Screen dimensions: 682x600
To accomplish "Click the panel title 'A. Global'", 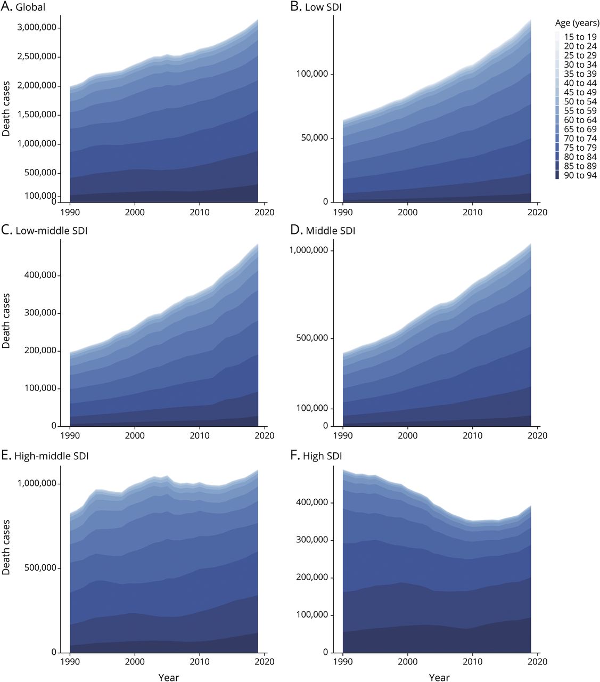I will click(x=23, y=7).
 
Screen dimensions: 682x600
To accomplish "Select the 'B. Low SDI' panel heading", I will click(x=316, y=7).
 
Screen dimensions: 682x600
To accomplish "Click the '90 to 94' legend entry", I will click(x=580, y=175).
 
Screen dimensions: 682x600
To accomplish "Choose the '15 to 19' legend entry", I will click(x=580, y=37).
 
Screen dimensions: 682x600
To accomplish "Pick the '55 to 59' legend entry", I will click(x=580, y=111).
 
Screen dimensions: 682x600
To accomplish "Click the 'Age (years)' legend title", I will click(x=577, y=23).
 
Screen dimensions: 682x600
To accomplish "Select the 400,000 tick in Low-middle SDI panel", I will click(x=40, y=275).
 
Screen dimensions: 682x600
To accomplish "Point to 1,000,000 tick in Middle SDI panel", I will click(x=308, y=250).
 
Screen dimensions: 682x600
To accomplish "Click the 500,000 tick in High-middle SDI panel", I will click(x=40, y=568).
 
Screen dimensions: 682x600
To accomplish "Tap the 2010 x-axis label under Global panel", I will click(x=200, y=212).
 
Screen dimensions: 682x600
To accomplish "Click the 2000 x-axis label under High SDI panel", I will click(x=408, y=661).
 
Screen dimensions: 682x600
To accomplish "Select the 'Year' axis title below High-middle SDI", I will click(x=168, y=678).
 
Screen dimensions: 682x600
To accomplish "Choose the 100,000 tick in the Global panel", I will click(x=40, y=196).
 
